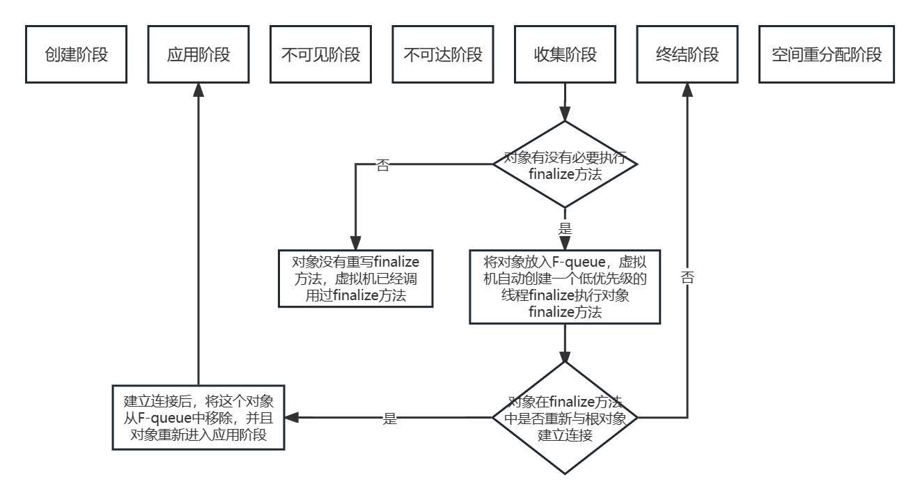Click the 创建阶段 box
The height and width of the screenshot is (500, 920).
click(77, 55)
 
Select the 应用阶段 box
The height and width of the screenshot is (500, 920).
click(198, 55)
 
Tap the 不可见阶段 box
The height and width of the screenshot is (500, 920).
click(321, 55)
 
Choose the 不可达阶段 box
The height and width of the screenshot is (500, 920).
click(443, 55)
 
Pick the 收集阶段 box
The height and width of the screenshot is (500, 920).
click(565, 55)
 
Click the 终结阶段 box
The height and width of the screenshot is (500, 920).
click(687, 55)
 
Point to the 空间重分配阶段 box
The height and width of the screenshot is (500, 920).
click(827, 55)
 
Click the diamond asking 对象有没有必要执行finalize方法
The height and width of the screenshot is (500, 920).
click(565, 164)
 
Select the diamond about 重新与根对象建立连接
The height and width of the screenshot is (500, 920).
click(565, 418)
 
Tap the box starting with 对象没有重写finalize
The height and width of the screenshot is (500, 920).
click(355, 279)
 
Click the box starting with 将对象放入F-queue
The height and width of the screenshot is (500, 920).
click(565, 287)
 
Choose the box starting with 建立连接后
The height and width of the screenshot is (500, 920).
click(198, 418)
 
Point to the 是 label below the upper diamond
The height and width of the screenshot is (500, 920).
click(565, 228)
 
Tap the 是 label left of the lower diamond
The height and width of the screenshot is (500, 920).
click(390, 419)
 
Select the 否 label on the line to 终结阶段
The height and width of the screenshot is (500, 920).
click(687, 277)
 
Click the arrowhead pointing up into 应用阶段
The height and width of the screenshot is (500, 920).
click(198, 90)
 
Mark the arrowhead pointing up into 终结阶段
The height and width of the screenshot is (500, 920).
click(687, 90)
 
